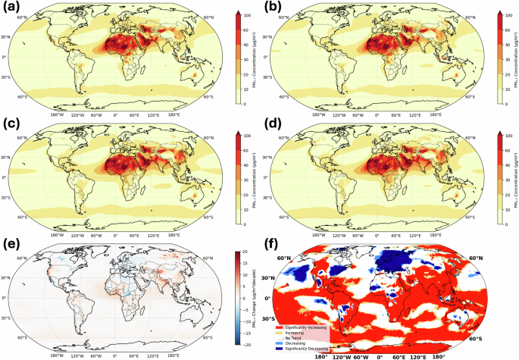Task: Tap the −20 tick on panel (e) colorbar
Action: [x=245, y=344]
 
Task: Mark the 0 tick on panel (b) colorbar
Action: [x=506, y=104]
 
